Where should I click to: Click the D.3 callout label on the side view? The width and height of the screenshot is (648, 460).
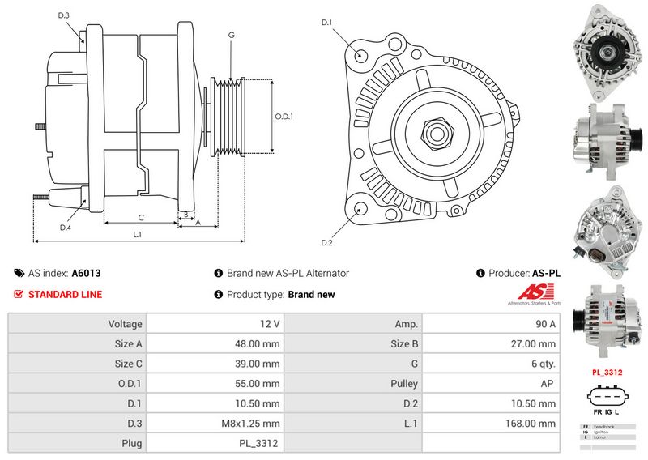tap(64, 15)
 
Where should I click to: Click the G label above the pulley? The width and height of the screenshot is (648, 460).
tap(231, 35)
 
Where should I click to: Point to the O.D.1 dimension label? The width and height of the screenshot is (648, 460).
tap(283, 116)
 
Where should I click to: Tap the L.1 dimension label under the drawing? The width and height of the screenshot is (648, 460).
tap(138, 235)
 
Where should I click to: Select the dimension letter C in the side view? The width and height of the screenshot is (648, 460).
tap(140, 216)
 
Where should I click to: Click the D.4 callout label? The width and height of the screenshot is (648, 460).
tap(66, 228)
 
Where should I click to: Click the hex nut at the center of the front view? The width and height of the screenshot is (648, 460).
tap(435, 132)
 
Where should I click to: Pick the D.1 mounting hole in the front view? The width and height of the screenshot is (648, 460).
tap(361, 56)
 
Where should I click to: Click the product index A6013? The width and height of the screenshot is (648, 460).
tap(86, 274)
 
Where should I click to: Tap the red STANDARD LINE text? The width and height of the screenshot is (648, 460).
tap(65, 294)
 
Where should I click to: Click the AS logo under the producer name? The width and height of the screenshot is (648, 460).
tap(532, 296)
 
